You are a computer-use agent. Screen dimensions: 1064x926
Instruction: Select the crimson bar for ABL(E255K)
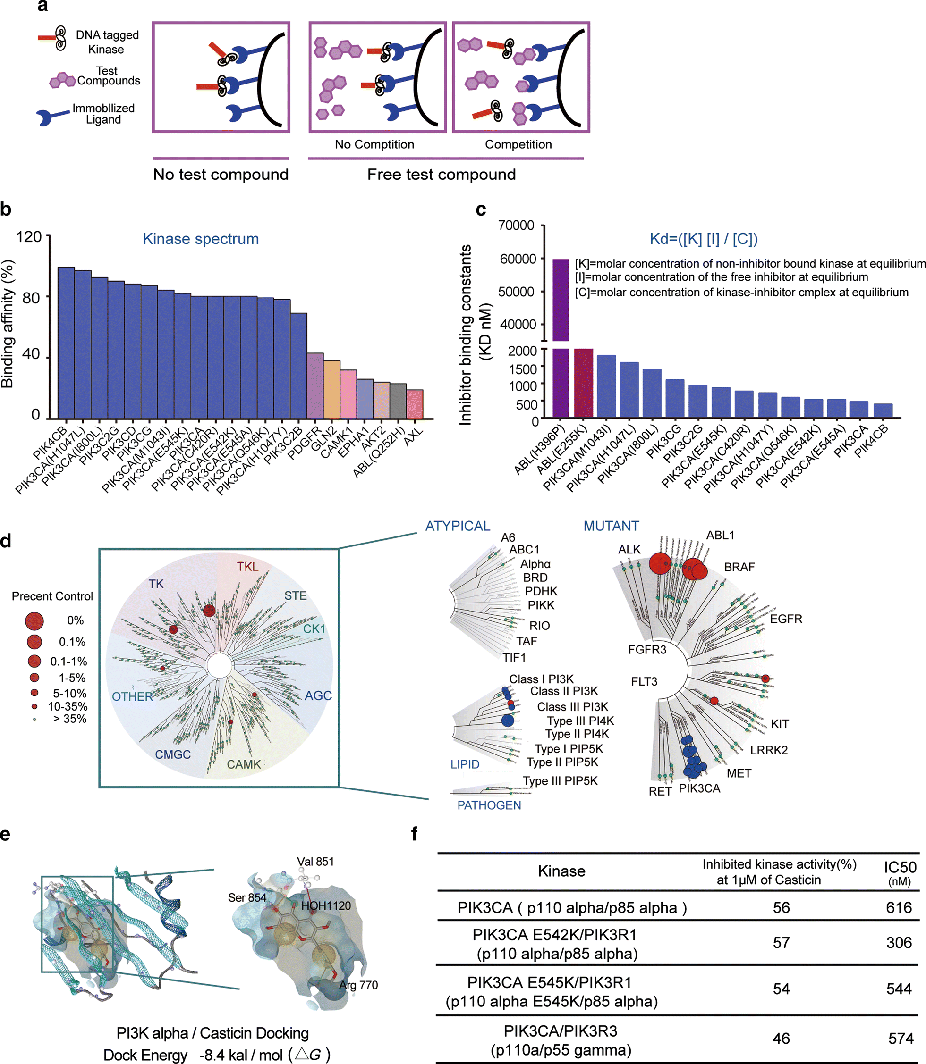click(x=583, y=383)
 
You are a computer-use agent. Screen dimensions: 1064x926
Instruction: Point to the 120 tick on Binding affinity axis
click(x=29, y=236)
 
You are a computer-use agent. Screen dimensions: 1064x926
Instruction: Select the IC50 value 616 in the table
click(x=899, y=907)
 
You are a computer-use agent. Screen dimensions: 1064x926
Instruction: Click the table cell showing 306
click(x=899, y=942)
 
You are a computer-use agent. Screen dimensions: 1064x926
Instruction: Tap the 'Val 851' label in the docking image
click(x=315, y=861)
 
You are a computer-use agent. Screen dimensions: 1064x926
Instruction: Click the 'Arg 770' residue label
click(x=358, y=985)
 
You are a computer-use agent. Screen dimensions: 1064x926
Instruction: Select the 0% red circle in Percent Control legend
click(x=34, y=621)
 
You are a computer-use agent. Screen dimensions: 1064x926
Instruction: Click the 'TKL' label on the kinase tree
click(x=247, y=566)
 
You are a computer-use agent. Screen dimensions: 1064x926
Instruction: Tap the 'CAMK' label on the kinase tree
click(x=244, y=764)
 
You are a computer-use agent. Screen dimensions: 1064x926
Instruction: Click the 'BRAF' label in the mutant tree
click(x=739, y=567)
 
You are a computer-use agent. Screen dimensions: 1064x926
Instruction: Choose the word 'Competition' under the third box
click(x=518, y=144)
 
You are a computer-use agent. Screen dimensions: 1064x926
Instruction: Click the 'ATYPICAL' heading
click(x=457, y=526)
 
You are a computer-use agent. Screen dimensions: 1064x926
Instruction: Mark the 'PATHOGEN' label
click(x=489, y=805)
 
